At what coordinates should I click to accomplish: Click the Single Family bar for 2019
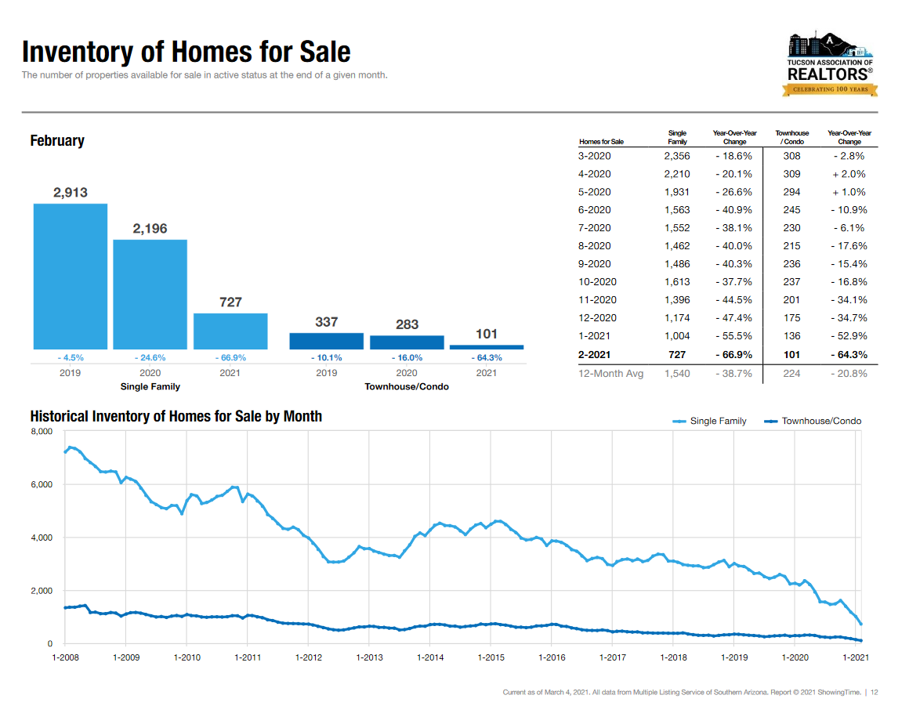(71, 276)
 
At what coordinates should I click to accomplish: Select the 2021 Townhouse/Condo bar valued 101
(487, 346)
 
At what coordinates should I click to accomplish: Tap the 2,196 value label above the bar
(150, 228)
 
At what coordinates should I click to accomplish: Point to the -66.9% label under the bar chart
(230, 357)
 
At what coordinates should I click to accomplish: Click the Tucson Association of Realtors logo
(830, 65)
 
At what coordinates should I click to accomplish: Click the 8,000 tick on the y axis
(41, 432)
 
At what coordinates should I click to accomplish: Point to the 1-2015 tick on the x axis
(491, 657)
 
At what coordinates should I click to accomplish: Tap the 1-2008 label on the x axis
(65, 657)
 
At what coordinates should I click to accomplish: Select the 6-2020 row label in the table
(594, 210)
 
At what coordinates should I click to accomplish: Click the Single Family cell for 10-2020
(677, 282)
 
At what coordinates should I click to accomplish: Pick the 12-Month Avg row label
(610, 374)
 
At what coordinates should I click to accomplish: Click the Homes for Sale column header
(601, 142)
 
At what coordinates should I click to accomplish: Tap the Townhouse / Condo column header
(791, 138)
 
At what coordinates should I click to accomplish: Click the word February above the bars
(57, 141)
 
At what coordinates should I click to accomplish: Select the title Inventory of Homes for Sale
(187, 52)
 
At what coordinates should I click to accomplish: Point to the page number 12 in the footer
(875, 692)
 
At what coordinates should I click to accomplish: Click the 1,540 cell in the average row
(677, 374)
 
